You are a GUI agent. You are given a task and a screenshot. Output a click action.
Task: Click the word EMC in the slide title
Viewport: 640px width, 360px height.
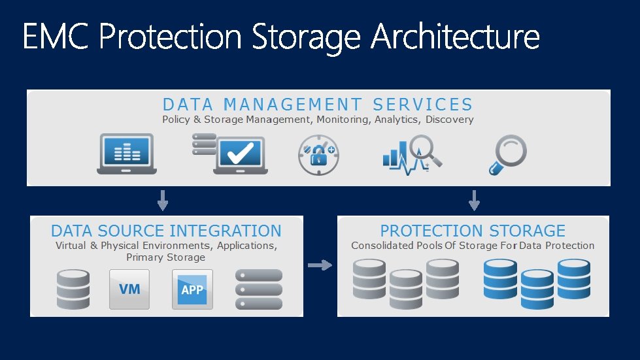point(57,37)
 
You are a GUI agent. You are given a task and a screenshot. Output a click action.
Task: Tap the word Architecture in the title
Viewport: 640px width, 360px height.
point(456,37)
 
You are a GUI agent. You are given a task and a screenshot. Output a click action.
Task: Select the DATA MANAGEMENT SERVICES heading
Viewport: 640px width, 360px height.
point(318,105)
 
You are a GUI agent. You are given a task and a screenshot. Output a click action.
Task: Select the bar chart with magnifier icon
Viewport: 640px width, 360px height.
point(411,154)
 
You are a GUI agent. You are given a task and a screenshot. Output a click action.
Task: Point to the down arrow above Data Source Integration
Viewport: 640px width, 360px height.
point(163,200)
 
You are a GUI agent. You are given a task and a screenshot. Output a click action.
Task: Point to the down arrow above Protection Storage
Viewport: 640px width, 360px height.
point(474,200)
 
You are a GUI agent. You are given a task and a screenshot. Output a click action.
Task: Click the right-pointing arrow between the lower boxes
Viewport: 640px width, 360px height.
point(320,265)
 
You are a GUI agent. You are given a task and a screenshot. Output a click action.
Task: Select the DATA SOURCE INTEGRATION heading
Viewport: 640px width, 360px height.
point(166,231)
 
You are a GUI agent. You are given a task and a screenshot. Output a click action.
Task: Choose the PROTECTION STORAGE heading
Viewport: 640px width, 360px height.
point(473,231)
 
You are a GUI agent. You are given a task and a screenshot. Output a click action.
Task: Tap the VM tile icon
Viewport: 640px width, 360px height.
point(129,289)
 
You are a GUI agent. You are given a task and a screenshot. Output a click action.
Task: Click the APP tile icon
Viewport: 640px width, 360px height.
point(192,289)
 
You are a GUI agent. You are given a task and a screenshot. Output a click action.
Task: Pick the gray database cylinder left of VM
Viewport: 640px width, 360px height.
point(73,289)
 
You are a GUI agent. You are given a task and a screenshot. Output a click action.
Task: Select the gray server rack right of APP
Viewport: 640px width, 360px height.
point(258,289)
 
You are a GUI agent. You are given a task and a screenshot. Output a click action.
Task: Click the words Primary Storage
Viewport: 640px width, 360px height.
point(166,257)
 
